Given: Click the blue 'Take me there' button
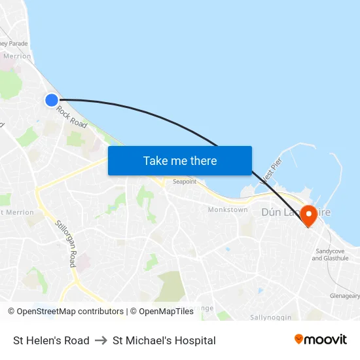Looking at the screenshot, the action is click(x=180, y=160).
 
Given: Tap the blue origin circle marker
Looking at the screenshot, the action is click(x=52, y=99).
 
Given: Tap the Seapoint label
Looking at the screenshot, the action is click(x=185, y=182).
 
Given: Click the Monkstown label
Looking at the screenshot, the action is click(x=228, y=210).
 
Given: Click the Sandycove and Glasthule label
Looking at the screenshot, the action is click(x=331, y=255).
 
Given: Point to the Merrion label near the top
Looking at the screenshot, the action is click(x=17, y=56).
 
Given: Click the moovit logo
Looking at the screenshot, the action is click(x=320, y=339).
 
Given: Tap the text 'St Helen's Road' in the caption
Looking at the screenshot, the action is click(x=51, y=340).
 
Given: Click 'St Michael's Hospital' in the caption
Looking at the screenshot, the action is click(x=164, y=340).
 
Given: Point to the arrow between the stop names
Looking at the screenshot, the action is click(x=101, y=340).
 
